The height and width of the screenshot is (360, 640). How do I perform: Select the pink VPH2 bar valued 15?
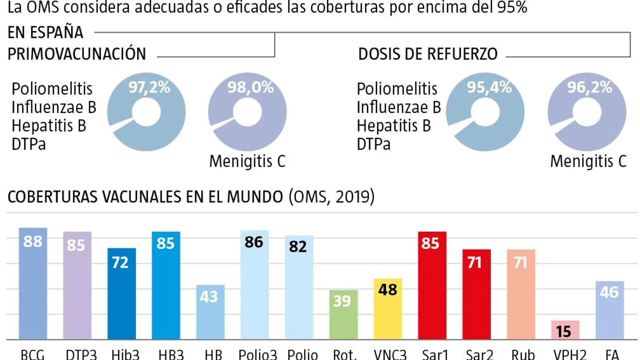point(565,330)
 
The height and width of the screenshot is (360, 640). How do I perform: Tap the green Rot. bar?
point(343,315)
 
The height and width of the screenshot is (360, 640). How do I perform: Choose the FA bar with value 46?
point(609,310)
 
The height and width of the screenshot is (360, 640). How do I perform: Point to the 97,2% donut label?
point(149,88)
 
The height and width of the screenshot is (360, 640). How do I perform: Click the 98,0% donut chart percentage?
point(251,88)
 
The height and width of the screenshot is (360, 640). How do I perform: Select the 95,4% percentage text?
point(489,88)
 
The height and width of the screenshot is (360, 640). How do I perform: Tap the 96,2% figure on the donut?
point(589,88)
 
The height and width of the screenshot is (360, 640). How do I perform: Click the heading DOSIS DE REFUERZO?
point(428,54)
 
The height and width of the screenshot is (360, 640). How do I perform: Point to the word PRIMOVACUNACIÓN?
point(77,54)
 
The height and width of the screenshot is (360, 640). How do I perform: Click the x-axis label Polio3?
point(258,355)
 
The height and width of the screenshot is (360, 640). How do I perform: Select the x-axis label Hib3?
point(125,355)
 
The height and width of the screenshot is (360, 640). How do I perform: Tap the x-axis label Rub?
point(523,355)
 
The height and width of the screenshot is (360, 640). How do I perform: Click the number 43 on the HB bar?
point(209,297)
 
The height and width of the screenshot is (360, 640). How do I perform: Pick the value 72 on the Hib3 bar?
point(120,262)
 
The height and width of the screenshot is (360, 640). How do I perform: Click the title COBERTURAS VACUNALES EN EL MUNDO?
point(145,197)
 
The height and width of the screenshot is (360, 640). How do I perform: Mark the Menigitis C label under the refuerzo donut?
point(588,161)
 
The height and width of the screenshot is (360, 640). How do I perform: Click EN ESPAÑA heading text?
point(45,33)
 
